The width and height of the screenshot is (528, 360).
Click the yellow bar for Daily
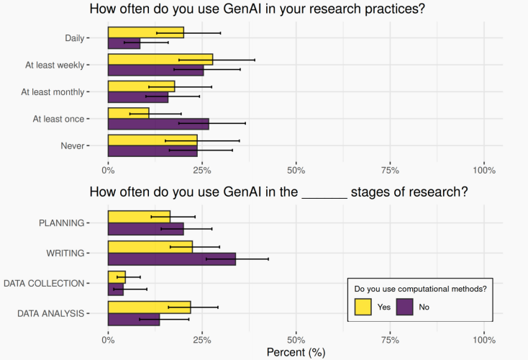click(x=145, y=32)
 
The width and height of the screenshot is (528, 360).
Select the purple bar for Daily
click(x=124, y=43)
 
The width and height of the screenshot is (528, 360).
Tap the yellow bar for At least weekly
click(x=160, y=59)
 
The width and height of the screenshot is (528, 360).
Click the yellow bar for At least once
click(x=128, y=113)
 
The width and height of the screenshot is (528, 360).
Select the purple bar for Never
click(x=153, y=151)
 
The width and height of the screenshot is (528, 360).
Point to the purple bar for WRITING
click(x=171, y=258)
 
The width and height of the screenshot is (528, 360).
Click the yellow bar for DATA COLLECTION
click(x=117, y=276)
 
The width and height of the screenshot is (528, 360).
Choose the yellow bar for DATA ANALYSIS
click(x=149, y=307)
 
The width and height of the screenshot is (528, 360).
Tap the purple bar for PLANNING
click(x=145, y=229)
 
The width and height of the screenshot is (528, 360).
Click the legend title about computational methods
click(x=421, y=289)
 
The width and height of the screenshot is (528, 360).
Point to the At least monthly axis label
click(x=53, y=92)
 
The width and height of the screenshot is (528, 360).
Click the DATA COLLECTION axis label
click(x=44, y=283)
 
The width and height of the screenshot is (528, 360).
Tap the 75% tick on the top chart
click(x=390, y=170)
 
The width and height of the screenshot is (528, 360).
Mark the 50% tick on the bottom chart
click(x=296, y=340)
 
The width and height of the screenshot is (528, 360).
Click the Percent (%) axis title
click(x=296, y=353)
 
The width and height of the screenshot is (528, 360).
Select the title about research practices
click(x=264, y=9)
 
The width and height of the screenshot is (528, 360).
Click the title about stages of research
click(x=278, y=192)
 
